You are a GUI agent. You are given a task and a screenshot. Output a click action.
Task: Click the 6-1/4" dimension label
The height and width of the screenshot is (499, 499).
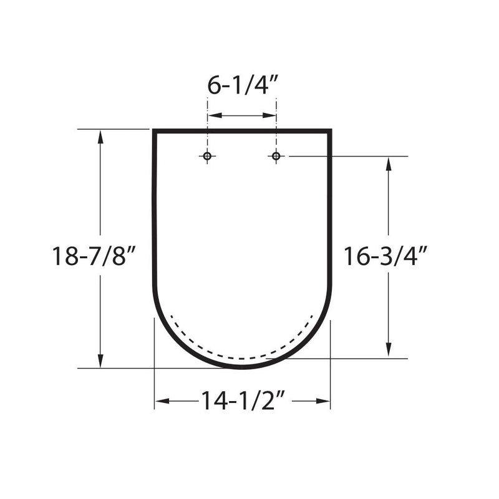pyautogui.click(x=243, y=85)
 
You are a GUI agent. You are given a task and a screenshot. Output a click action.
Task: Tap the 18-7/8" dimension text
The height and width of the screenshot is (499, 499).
pyautogui.click(x=94, y=256)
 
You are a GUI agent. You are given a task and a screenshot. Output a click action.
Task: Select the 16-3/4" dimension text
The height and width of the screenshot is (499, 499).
pyautogui.click(x=385, y=256)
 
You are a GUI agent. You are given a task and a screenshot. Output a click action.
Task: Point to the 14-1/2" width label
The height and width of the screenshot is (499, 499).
pyautogui.click(x=242, y=400)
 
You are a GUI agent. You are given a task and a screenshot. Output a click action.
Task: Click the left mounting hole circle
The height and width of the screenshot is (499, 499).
pyautogui.click(x=207, y=157)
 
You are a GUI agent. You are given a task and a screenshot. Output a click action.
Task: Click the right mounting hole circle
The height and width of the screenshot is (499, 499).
pyautogui.click(x=276, y=157)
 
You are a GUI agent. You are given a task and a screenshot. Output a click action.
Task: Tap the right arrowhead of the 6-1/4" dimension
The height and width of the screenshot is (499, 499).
pyautogui.click(x=269, y=115)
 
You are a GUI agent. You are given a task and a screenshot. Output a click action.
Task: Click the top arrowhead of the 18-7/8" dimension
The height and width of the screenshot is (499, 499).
pyautogui.click(x=100, y=137)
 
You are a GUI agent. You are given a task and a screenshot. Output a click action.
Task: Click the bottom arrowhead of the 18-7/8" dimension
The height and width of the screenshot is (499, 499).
pyautogui.click(x=100, y=361)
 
